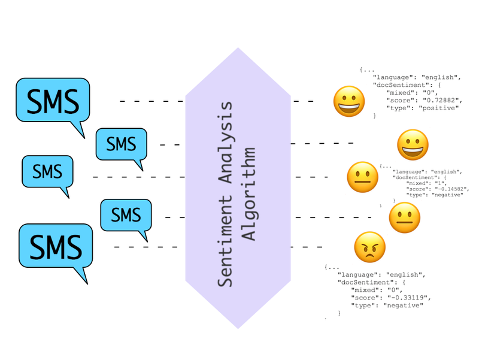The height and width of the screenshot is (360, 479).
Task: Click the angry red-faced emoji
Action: tap(369, 247)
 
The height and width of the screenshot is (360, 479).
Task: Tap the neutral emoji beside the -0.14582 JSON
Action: tap(362, 177)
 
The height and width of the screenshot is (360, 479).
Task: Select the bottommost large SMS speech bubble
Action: tap(56, 246)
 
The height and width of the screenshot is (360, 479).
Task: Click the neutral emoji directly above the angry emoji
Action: tap(405, 217)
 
